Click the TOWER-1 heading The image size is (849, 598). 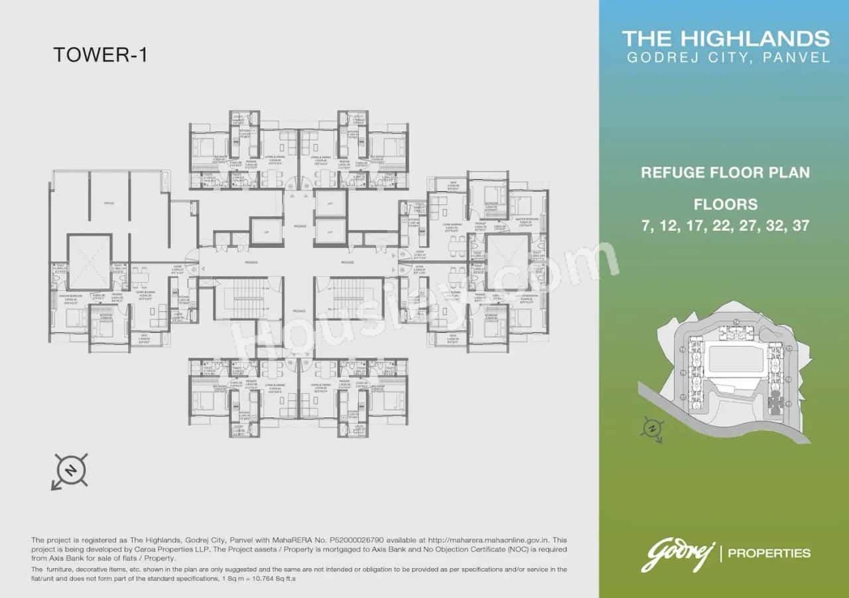coord(99,54)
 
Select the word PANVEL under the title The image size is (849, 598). coord(799,58)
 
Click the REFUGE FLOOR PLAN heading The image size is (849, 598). coord(725,173)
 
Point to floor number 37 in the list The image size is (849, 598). coord(801,226)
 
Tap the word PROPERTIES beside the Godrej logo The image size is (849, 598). coord(769,553)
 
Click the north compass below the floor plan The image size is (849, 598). coord(70,472)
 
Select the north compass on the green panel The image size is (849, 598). coord(653,429)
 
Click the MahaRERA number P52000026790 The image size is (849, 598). coord(356,541)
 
